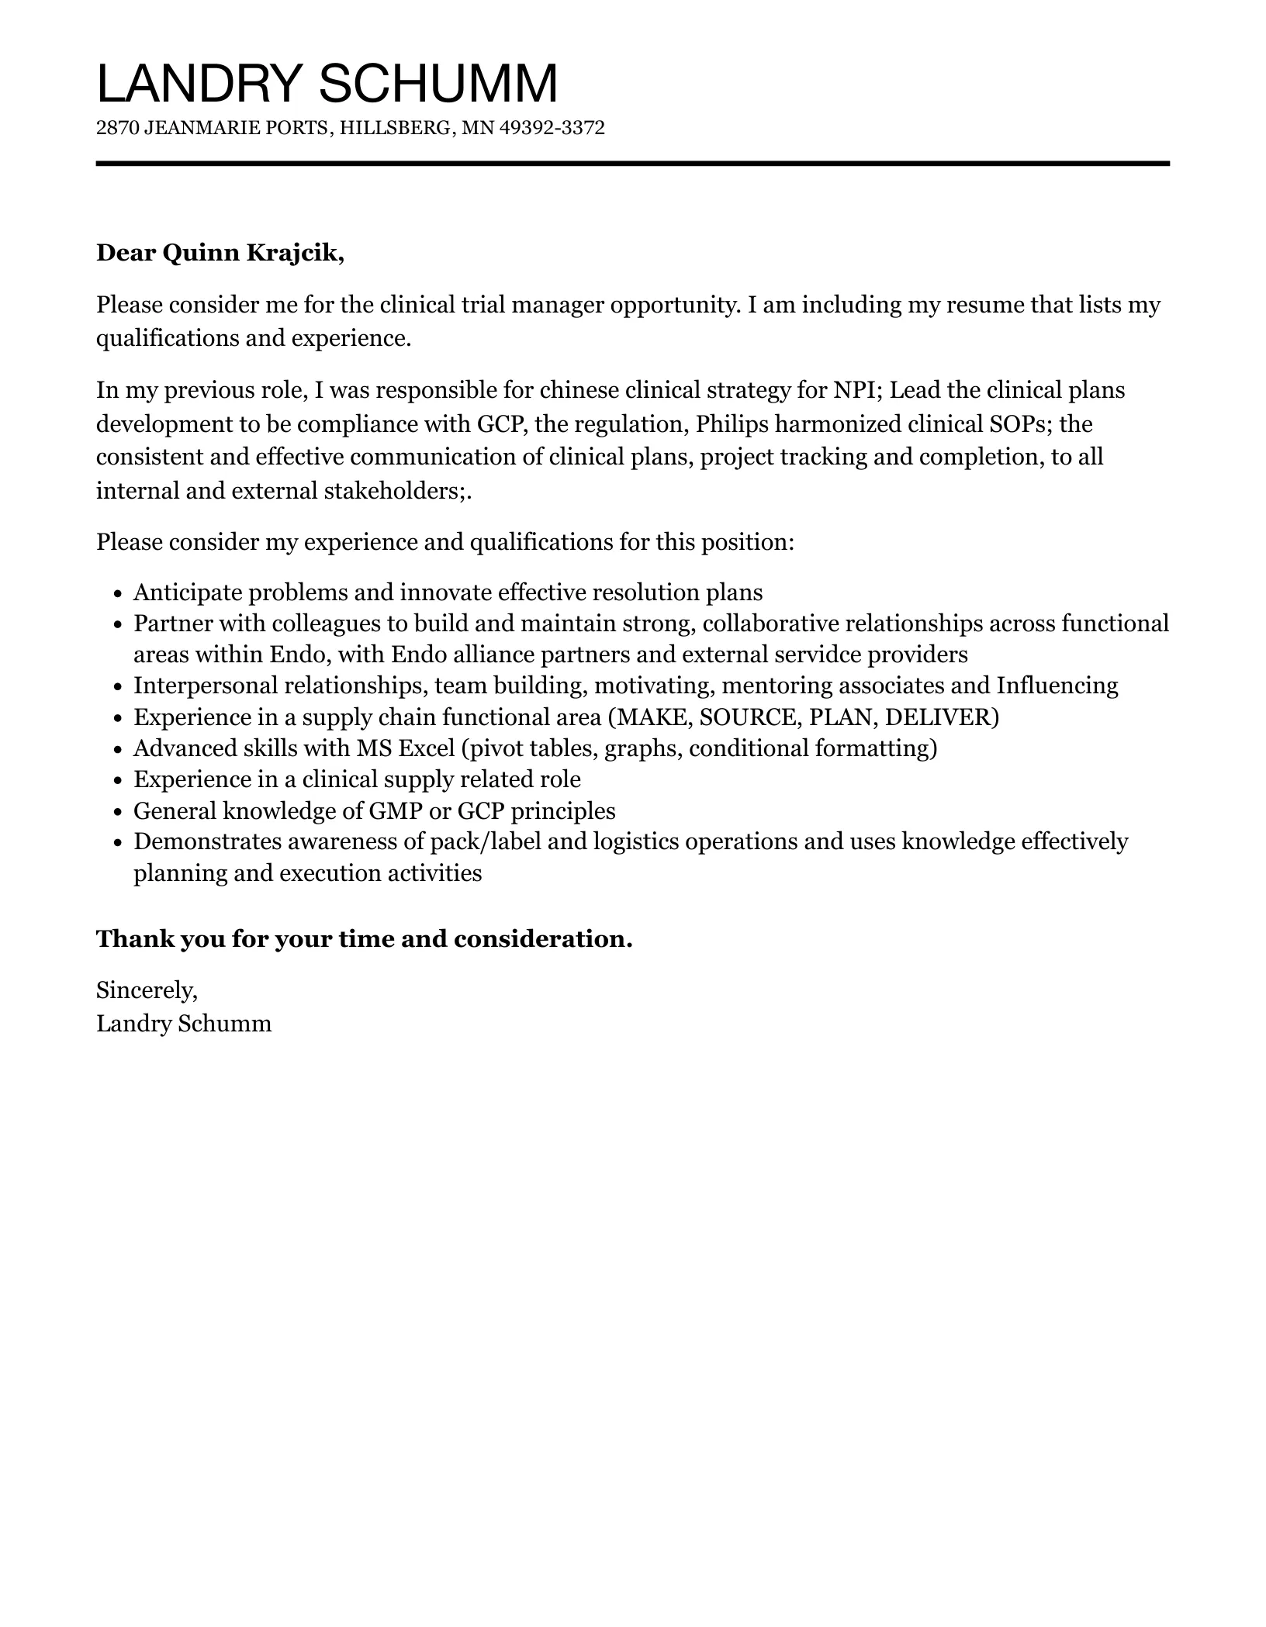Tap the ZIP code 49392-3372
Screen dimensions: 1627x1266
(552, 128)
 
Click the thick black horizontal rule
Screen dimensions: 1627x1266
(632, 164)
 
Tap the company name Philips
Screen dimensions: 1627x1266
(729, 423)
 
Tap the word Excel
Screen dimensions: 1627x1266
(426, 748)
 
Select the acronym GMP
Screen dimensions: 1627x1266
(395, 811)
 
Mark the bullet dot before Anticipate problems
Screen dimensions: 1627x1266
(118, 595)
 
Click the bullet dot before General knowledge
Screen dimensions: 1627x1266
(118, 813)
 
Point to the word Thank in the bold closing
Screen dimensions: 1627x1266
(134, 939)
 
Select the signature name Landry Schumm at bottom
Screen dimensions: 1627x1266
(184, 1024)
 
